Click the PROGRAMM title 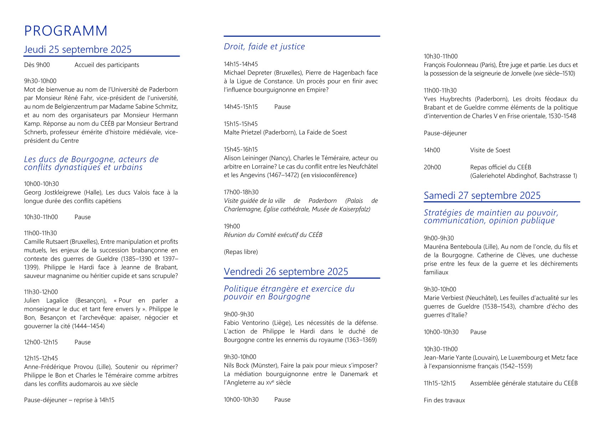pyautogui.click(x=66, y=31)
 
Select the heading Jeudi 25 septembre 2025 pyautogui.click(x=78, y=50)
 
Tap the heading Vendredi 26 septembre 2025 pyautogui.click(x=286, y=272)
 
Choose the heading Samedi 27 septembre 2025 pyautogui.click(x=482, y=196)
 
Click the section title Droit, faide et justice pyautogui.click(x=264, y=47)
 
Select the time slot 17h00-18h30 pyautogui.click(x=241, y=192)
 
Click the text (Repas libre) pyautogui.click(x=241, y=252)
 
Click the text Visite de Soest pyautogui.click(x=490, y=150)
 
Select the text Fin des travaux pyautogui.click(x=444, y=400)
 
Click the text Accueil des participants pyautogui.click(x=107, y=65)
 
